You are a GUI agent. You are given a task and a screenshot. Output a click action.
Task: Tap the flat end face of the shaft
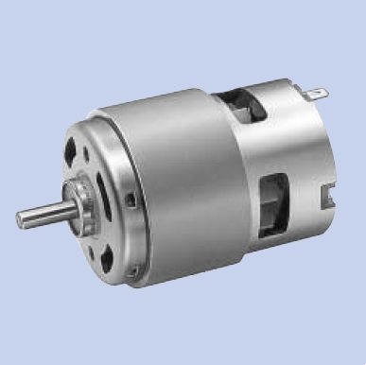click(20, 220)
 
